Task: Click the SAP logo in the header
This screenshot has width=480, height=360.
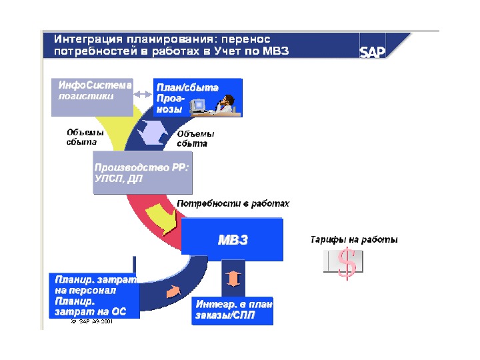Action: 372,52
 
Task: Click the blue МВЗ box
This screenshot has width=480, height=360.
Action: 232,239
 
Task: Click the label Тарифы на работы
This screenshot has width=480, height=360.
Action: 354,239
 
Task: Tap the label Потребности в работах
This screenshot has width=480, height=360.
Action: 233,203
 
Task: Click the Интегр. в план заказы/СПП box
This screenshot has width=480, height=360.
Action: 233,310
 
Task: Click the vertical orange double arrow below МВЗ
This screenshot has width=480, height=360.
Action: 233,277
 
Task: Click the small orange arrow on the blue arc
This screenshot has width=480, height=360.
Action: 173,291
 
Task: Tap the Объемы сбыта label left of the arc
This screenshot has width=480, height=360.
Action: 82,137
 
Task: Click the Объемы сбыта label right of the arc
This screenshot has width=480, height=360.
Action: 195,138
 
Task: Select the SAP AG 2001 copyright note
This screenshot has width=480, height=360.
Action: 91,321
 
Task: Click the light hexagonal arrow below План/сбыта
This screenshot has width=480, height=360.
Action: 155,130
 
